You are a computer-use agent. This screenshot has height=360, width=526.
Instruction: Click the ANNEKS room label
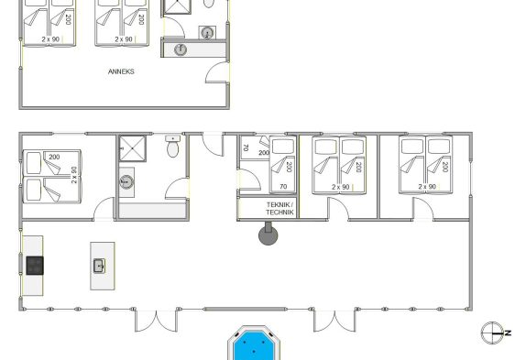(x=121, y=71)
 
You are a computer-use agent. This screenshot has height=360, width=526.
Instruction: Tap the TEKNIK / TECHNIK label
(x=279, y=209)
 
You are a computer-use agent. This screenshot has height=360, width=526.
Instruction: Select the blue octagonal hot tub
(x=254, y=344)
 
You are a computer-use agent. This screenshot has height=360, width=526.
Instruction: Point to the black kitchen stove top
(x=35, y=266)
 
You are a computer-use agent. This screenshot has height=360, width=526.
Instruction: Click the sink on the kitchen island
(x=99, y=266)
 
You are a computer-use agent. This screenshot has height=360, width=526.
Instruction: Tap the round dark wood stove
(x=268, y=234)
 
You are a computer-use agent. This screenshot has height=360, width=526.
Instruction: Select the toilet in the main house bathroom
(x=172, y=147)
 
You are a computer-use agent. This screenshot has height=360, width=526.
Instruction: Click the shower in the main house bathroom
(x=133, y=148)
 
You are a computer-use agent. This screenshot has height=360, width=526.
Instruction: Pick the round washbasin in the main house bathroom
(x=126, y=181)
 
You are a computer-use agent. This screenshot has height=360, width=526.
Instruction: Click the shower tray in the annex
(x=177, y=6)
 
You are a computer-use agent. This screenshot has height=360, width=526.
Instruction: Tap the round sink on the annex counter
(x=181, y=49)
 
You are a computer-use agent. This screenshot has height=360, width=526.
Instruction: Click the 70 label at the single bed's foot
(x=283, y=187)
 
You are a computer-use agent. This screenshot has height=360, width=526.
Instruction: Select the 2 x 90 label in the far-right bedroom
(x=427, y=187)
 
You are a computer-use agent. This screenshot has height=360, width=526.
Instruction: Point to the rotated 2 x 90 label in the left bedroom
(x=74, y=175)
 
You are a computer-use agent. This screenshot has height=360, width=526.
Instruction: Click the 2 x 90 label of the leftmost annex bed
(x=50, y=39)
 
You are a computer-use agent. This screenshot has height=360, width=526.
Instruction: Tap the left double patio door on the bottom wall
(x=156, y=321)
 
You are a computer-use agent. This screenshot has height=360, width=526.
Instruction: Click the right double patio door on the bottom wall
(x=334, y=321)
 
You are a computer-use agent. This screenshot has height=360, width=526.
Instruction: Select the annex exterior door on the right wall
(x=217, y=72)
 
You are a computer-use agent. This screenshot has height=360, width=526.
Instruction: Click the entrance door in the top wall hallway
(x=214, y=144)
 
